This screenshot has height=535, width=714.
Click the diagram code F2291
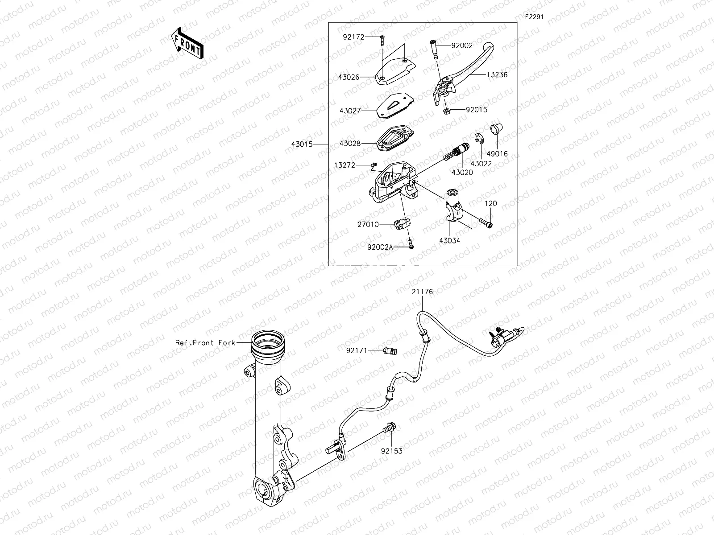point(534,16)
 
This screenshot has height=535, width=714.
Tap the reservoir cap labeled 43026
point(395,71)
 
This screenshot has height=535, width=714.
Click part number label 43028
point(349,144)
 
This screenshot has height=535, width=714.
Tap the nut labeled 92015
point(446,110)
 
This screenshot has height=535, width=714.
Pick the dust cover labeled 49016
point(496,129)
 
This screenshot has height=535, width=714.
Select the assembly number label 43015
point(301,144)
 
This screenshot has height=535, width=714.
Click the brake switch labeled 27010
point(401,224)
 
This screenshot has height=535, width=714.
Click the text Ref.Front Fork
point(205,343)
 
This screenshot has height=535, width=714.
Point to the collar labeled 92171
point(390,350)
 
